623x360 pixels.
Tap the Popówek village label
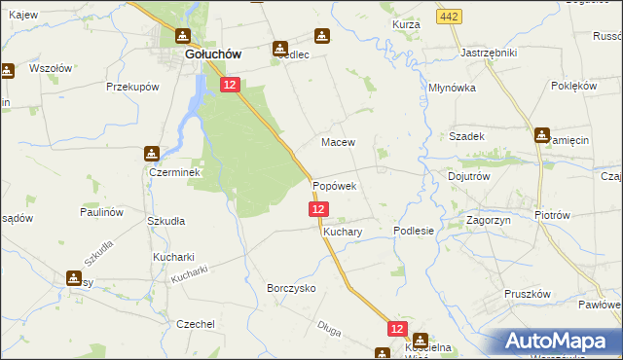335,185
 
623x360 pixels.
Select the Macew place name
338,141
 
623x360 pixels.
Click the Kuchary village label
343,234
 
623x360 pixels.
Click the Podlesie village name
413,232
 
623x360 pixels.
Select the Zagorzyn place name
490,221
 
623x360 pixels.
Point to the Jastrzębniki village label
488,52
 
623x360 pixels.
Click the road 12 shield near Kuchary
318,209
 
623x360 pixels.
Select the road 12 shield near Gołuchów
230,86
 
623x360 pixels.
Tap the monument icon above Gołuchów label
182,37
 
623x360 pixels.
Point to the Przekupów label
132,87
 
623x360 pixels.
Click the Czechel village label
193,324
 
